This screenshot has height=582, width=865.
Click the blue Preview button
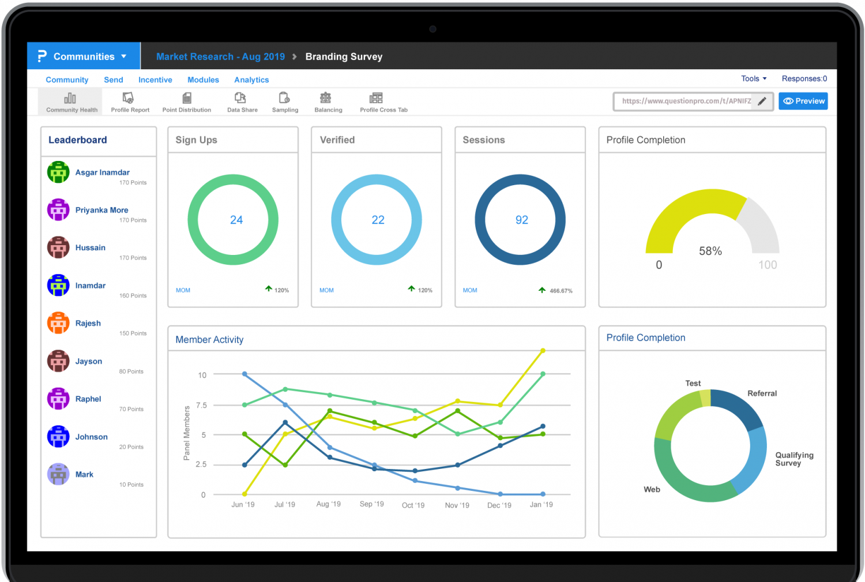tap(803, 101)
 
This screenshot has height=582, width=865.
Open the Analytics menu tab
tap(251, 80)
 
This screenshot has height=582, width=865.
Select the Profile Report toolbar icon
tap(130, 102)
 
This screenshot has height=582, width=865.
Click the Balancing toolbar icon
tap(328, 102)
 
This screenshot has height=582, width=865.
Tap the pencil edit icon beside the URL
tap(762, 102)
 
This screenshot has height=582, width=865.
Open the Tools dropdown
tap(753, 78)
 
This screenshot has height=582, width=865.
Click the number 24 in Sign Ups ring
tap(236, 220)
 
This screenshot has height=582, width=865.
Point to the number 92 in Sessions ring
tap(521, 220)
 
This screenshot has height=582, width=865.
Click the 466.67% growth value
tap(561, 291)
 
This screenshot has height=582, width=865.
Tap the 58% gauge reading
tap(710, 251)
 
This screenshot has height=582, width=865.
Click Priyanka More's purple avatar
tap(58, 210)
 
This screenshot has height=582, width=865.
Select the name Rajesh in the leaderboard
tap(88, 323)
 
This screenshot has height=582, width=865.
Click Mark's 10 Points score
tap(131, 485)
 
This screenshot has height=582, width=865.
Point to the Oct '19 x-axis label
tap(413, 505)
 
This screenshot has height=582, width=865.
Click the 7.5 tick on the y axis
tap(201, 405)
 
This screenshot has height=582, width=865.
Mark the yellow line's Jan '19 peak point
tap(543, 351)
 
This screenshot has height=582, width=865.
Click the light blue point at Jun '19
tap(245, 374)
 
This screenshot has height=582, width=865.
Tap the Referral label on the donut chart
tap(762, 393)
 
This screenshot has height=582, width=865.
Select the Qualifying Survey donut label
tap(793, 459)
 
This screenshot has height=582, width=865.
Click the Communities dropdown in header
tap(84, 57)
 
